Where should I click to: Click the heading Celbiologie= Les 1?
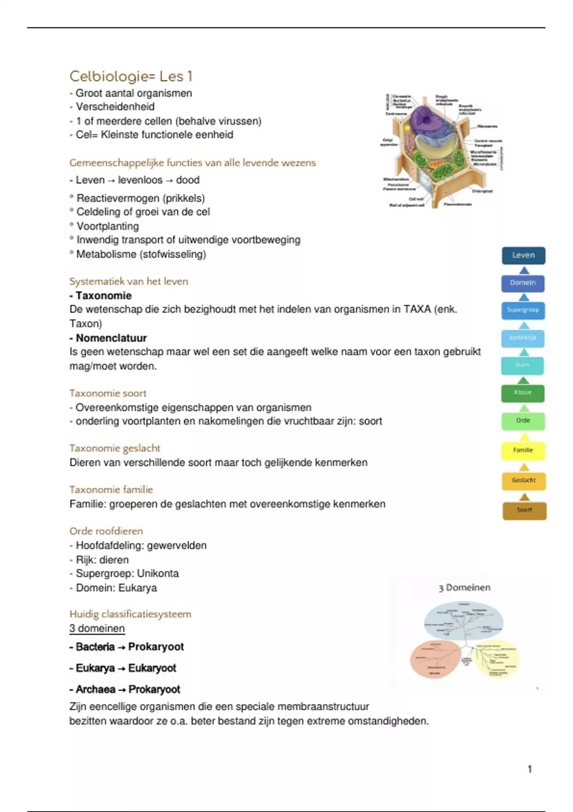131,76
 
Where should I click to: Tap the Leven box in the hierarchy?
523,256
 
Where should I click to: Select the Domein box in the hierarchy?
523,283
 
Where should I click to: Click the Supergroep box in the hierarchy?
523,310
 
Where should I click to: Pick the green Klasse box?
523,393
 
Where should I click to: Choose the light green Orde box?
523,421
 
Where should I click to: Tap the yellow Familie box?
523,450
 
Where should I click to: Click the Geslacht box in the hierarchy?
523,481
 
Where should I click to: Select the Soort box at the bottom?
524,511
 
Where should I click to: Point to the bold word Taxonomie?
104,296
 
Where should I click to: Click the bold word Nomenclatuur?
111,338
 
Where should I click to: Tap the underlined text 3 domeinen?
97,629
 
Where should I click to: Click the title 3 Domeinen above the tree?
465,588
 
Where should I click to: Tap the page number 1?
530,769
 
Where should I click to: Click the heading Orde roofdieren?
106,531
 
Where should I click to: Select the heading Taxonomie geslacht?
115,448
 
